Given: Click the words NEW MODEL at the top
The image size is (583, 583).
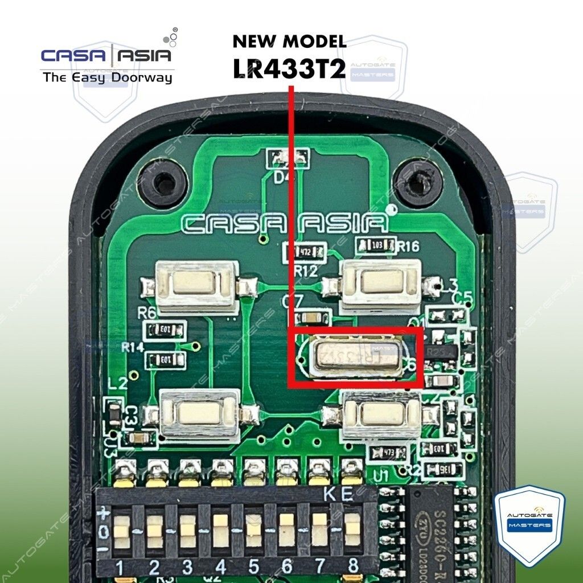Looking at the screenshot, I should (289, 42).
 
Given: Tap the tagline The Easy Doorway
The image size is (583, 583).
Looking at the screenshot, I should (107, 77).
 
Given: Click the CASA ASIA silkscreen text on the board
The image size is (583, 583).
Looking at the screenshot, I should (285, 223).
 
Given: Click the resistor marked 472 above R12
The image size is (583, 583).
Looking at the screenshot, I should (305, 250).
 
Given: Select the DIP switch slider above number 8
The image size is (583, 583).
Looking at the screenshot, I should (353, 529).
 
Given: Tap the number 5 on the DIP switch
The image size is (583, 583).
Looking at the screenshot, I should (254, 566).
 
